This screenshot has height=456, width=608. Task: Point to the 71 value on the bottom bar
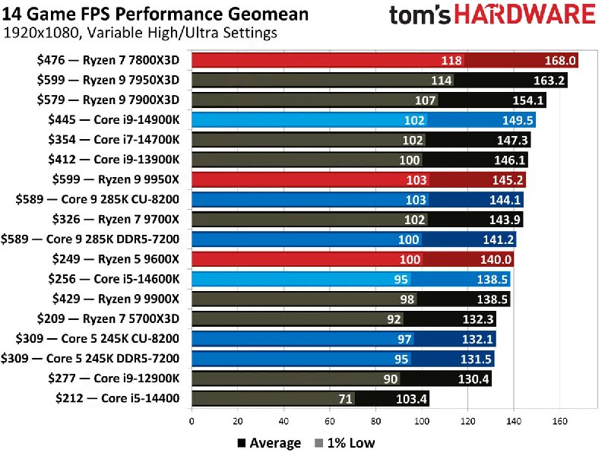pos(344,397)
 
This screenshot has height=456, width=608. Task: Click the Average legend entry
pos(270,443)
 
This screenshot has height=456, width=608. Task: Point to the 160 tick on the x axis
pos(560,420)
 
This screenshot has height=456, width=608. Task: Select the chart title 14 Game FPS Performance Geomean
pos(157,14)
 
